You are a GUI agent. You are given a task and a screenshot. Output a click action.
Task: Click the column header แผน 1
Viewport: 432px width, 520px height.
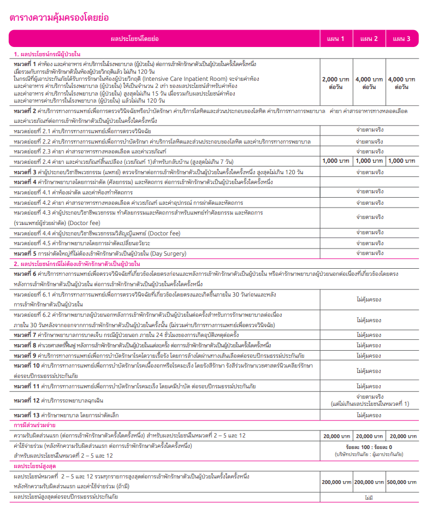coord(336,39)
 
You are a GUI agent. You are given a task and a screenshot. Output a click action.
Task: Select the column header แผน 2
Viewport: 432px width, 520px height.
coord(369,39)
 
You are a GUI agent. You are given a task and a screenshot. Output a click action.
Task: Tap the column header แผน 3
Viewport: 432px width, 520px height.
coord(402,39)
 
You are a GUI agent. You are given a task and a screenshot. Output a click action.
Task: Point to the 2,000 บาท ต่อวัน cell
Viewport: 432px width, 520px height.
coord(336,82)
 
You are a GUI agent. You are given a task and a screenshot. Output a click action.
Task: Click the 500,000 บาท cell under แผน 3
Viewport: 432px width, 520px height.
coord(403,482)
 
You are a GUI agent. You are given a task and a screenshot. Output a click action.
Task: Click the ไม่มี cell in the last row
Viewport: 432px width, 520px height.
coord(369,498)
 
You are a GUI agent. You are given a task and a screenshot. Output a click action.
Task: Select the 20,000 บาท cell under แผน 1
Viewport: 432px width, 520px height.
coord(336,436)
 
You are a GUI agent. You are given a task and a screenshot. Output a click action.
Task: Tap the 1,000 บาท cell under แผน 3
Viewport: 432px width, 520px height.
coord(403,161)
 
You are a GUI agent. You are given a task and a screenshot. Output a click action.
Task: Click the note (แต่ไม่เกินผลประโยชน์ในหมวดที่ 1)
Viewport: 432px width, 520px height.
coord(369,404)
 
